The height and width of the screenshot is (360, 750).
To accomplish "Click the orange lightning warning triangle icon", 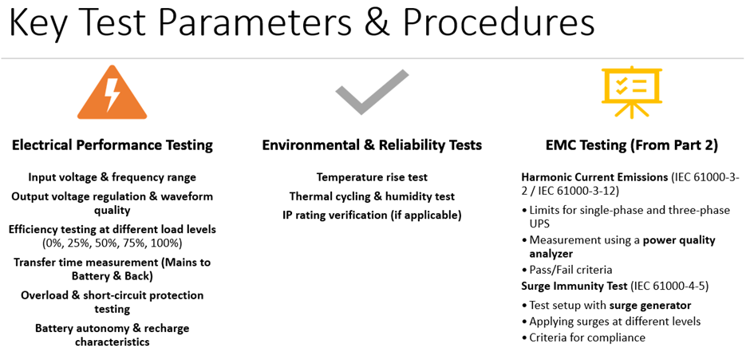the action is point(112,98).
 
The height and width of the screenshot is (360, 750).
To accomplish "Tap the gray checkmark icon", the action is point(372,93).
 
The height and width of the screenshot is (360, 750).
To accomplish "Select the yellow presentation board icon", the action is point(631,93).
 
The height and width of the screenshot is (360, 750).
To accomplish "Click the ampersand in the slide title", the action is point(380,23).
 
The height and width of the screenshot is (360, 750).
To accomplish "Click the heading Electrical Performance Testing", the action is point(112,145).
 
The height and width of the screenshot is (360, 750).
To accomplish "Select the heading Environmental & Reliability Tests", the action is point(372,145).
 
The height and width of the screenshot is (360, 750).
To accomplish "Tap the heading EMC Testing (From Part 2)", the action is point(631,145).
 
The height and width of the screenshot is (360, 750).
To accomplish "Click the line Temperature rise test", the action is point(372,177).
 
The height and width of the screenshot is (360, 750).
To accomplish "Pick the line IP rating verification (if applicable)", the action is point(372,216).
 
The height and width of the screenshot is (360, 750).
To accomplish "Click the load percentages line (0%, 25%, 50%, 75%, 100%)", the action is point(112,243).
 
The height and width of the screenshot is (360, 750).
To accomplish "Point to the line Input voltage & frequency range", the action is point(112,177).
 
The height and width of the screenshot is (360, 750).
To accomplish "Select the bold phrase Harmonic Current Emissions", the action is point(594,177).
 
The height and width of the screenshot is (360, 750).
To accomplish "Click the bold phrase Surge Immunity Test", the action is point(574,287).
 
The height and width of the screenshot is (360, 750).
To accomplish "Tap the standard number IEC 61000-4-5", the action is point(669,287).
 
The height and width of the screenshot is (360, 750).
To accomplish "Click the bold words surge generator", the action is point(650,305).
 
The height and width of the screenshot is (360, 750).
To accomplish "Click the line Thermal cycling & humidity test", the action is point(372,196).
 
